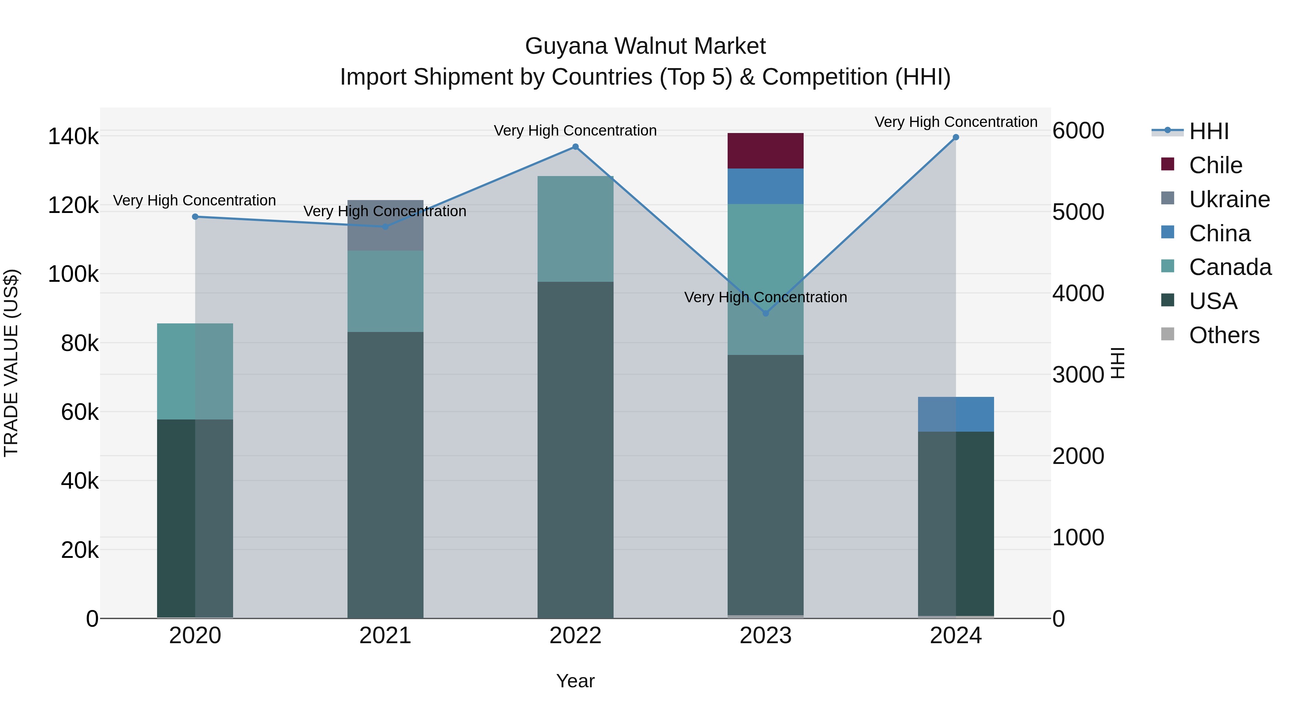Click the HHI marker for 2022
(575, 147)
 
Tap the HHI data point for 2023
(765, 313)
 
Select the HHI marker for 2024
(956, 137)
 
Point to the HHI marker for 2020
(195, 217)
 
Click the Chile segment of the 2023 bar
(765, 151)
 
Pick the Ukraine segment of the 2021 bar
(386, 226)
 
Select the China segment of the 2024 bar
(956, 414)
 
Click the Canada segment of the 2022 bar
(575, 229)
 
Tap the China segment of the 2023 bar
(765, 186)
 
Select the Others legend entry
(1223, 335)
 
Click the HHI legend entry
(1208, 131)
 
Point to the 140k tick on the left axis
(73, 136)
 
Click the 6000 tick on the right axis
(1078, 131)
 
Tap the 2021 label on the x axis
(386, 636)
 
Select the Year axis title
(575, 681)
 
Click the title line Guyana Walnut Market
(645, 46)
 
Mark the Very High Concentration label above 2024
(956, 122)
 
